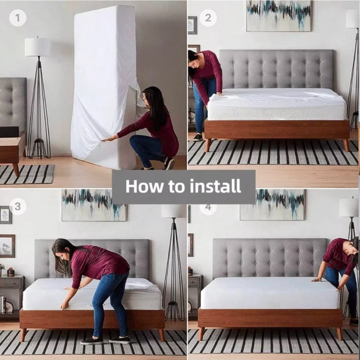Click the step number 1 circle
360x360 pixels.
[x=17, y=18]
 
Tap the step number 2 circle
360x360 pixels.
[x=208, y=18]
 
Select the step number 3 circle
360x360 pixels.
[x=17, y=206]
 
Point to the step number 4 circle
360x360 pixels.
[x=208, y=207]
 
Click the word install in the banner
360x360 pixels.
[x=214, y=186]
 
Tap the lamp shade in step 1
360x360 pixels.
[x=38, y=47]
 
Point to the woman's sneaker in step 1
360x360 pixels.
[x=169, y=163]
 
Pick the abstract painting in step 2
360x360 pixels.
[x=278, y=15]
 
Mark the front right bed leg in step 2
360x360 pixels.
[x=346, y=145]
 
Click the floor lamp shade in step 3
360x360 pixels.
[x=173, y=211]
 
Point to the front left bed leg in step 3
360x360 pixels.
[x=23, y=335]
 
